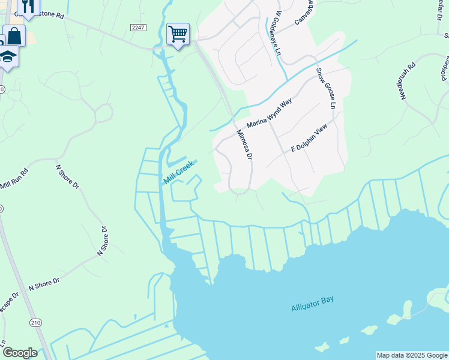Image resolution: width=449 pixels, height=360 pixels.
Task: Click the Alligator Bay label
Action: [x=312, y=304]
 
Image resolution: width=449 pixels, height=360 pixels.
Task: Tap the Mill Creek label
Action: [x=179, y=172]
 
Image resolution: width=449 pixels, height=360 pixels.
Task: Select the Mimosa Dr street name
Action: [x=244, y=145]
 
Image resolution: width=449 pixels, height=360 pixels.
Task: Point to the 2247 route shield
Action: [x=137, y=28]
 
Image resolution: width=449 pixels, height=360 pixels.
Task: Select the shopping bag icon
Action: [x=14, y=35]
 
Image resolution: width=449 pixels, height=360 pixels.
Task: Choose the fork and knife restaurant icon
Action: [x=28, y=6]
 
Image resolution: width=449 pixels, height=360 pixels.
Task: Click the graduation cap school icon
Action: [x=8, y=56]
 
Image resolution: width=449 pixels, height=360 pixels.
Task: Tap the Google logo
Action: [x=20, y=353]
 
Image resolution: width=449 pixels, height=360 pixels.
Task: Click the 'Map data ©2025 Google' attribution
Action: [x=412, y=355]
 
